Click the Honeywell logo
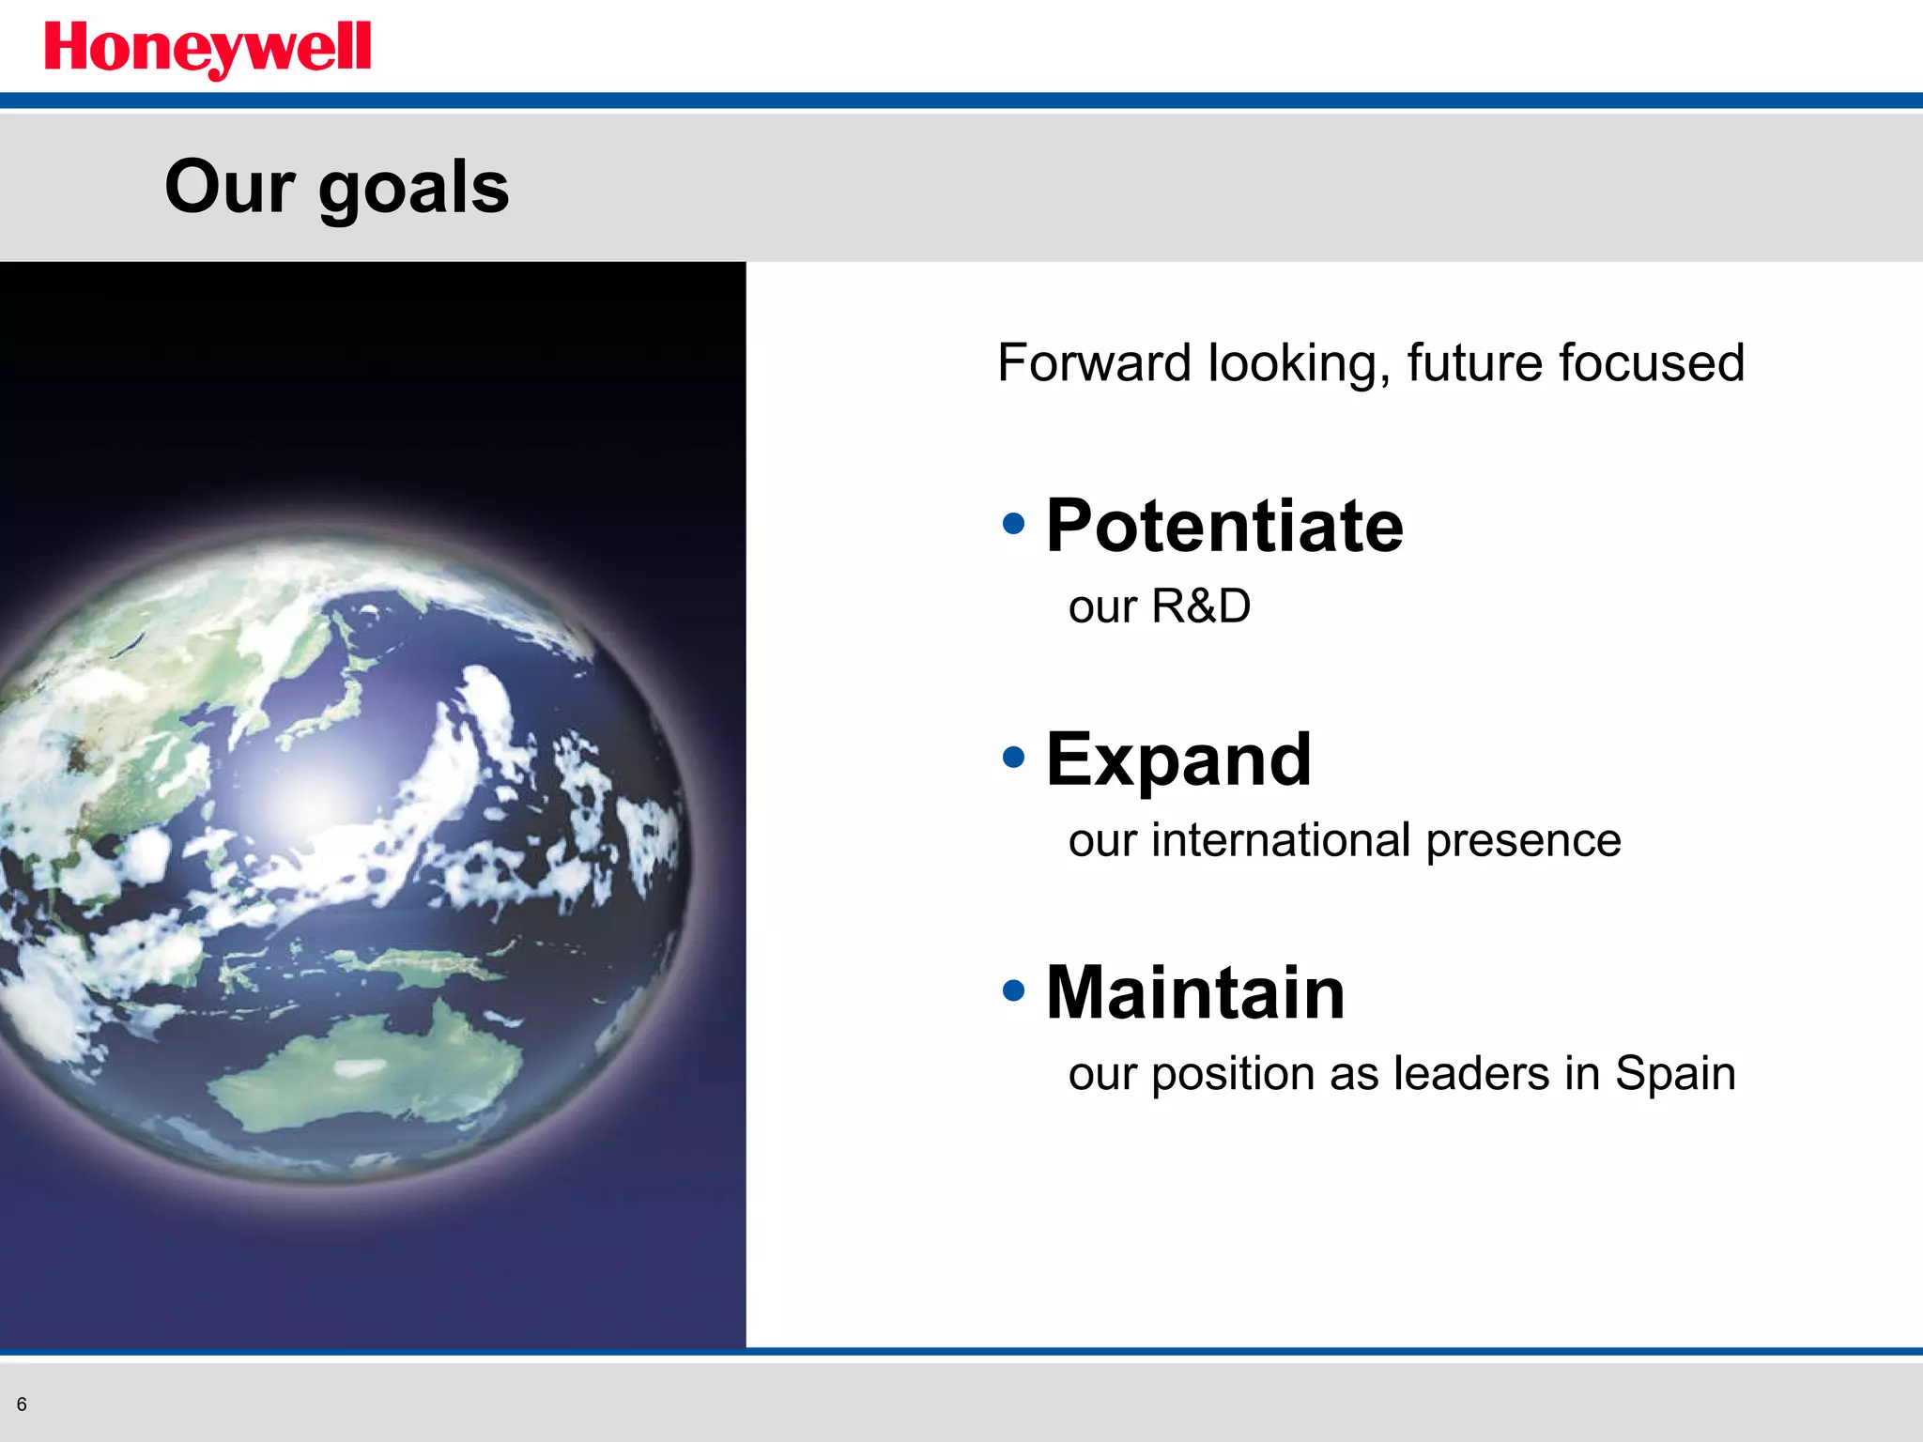click(x=208, y=49)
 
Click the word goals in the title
click(x=413, y=188)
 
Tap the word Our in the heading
click(x=230, y=186)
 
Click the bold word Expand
click(x=1178, y=759)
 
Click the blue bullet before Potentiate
click(x=1013, y=523)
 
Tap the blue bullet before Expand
click(x=1013, y=757)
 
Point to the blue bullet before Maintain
click(x=1013, y=989)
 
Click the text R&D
click(x=1201, y=606)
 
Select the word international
click(x=1281, y=839)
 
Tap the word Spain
click(x=1675, y=1074)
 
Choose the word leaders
click(x=1471, y=1073)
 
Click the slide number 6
click(x=22, y=1404)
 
